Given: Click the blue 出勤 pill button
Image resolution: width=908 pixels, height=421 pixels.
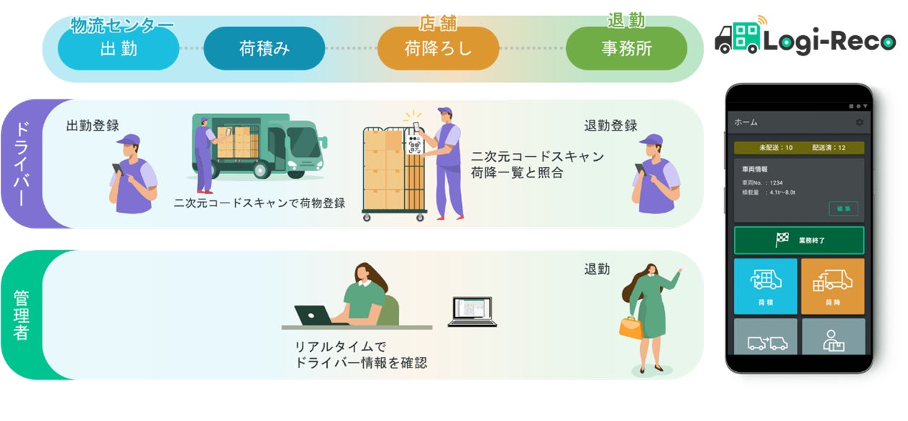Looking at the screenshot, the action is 118,49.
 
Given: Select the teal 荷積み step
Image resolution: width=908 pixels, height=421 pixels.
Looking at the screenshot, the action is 264,49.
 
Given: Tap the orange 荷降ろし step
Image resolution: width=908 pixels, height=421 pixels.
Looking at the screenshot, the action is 438,49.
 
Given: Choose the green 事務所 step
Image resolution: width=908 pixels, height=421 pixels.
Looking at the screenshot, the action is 626,49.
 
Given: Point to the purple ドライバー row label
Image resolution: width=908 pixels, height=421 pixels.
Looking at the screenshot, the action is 22,164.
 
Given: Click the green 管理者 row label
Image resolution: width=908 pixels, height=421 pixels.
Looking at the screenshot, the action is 21,315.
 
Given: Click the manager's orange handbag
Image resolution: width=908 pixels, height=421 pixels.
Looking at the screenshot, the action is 630,327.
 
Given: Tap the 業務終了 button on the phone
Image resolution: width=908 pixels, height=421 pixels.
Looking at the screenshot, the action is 798,240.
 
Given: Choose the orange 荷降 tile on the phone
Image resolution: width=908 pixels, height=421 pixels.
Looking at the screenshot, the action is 832,286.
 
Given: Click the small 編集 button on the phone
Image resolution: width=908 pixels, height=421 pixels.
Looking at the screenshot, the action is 843,208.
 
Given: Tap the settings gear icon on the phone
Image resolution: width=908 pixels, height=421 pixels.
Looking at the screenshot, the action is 859,123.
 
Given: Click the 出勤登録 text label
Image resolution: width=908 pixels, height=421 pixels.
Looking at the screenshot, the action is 92,125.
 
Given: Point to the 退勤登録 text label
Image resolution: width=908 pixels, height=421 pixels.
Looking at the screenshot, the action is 611,125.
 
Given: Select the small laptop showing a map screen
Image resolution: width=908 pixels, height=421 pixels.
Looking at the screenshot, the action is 472,311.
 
